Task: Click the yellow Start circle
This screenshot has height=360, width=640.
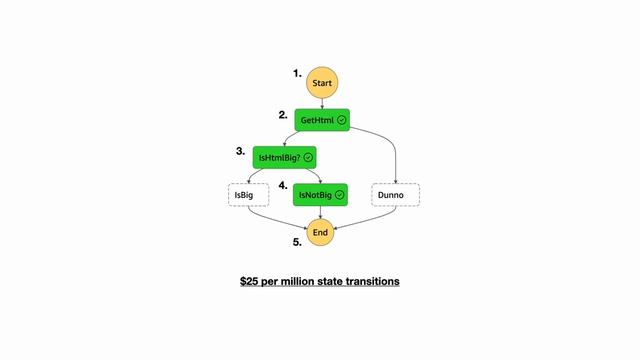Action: tap(320, 82)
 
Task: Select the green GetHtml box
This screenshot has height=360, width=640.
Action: tap(321, 120)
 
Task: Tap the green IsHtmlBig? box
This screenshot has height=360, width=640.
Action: tap(284, 157)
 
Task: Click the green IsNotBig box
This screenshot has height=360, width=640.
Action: tap(320, 194)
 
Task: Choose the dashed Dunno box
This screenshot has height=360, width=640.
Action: tap(395, 194)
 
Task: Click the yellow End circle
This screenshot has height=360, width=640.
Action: tap(320, 232)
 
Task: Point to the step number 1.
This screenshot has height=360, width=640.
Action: tap(297, 74)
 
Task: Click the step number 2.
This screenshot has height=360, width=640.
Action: tap(283, 115)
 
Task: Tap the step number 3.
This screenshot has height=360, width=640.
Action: tap(240, 152)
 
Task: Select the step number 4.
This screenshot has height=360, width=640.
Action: tap(283, 186)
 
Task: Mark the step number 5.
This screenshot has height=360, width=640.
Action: tap(297, 242)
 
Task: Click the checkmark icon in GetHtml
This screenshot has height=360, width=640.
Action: tap(341, 120)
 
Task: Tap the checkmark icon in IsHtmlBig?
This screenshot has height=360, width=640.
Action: tap(308, 157)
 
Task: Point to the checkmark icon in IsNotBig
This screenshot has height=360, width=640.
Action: tap(340, 194)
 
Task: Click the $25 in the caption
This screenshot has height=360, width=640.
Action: tap(250, 282)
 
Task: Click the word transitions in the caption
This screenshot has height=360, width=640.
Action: tap(373, 282)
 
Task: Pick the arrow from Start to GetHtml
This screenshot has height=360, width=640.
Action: tap(320, 102)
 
